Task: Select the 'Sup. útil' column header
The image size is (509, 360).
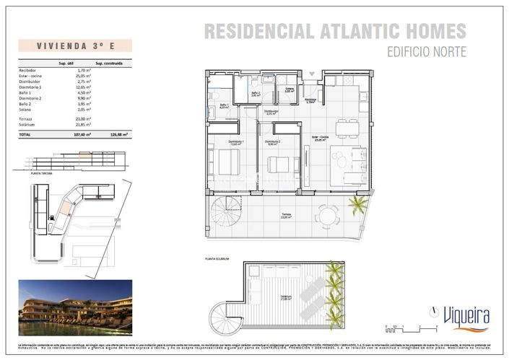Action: [67, 63]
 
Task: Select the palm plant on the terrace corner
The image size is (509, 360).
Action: [357, 206]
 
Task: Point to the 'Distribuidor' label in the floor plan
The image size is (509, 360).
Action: [271, 111]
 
